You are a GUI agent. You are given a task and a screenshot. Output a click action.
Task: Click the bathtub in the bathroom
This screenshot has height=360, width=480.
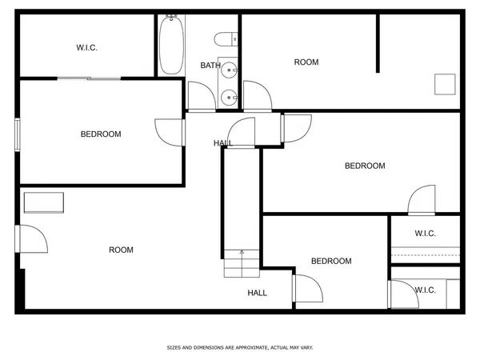170,46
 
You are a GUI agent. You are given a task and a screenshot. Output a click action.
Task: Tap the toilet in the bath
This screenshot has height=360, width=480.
227,36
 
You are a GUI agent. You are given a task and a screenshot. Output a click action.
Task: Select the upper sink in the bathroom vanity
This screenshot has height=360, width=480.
229,70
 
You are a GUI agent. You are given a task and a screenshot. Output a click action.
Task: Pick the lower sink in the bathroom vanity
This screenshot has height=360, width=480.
229,98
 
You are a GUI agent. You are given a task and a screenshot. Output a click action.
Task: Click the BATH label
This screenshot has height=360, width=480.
210,66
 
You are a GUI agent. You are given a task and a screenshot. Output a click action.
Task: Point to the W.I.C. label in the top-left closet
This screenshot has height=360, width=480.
86,48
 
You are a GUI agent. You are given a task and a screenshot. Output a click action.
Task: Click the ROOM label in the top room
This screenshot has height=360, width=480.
306,62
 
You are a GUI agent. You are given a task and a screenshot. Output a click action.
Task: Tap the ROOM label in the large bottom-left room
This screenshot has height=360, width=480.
121,250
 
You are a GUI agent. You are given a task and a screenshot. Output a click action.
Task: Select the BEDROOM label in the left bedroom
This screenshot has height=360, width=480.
101,134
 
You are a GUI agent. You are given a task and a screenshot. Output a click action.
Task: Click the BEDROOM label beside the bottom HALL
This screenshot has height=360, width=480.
331,262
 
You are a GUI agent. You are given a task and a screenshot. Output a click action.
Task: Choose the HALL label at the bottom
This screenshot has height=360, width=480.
257,293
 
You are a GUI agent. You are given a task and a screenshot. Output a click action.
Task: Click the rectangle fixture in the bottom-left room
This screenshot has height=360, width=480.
43,202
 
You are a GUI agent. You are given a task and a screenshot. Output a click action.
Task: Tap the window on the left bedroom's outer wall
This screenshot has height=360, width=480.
18,134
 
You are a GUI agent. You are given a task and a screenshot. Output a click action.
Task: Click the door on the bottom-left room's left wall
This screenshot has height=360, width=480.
32,238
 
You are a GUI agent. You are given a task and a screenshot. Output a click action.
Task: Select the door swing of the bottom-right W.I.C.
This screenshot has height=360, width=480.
402,293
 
